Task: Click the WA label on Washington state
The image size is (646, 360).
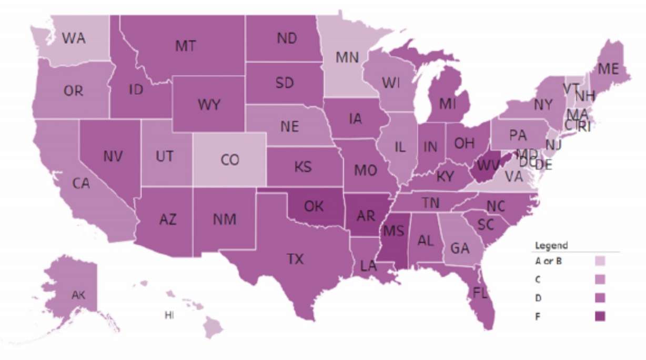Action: point(74,39)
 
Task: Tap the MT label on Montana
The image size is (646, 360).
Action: point(186,46)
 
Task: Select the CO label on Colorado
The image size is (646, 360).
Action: point(229,159)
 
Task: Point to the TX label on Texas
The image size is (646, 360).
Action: point(295,259)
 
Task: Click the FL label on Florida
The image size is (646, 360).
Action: point(480,293)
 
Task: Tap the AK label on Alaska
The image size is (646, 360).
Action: point(78,295)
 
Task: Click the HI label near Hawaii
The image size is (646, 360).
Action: point(169,315)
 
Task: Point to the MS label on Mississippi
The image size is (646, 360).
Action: point(393,231)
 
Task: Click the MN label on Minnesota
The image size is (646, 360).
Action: point(347,57)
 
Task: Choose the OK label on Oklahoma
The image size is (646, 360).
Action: point(314,206)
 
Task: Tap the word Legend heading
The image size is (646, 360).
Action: point(551,245)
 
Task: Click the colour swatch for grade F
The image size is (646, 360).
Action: point(600,316)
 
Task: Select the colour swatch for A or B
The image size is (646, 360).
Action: point(600,261)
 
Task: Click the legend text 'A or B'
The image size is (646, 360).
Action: point(549,261)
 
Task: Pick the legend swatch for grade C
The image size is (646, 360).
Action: point(600,279)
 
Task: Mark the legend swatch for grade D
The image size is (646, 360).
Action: point(600,298)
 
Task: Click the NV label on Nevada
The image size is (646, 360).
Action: point(113,156)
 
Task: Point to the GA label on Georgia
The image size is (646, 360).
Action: point(460,248)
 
